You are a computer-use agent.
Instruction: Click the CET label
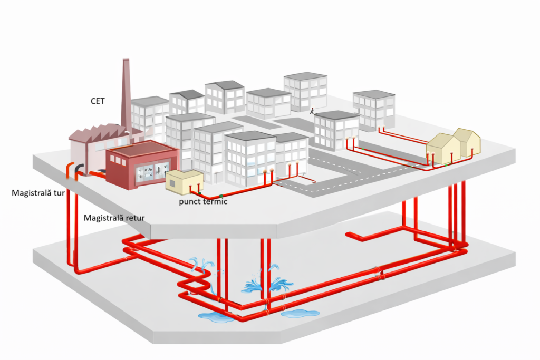coord(98,101)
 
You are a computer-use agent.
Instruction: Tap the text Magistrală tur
coord(38,193)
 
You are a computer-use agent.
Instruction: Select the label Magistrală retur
coord(114,217)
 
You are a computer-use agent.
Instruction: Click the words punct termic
coord(202,201)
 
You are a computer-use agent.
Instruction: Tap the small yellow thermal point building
coord(184,180)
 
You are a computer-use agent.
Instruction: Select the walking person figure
coord(312,111)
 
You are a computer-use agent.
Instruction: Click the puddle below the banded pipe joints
coord(300,313)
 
